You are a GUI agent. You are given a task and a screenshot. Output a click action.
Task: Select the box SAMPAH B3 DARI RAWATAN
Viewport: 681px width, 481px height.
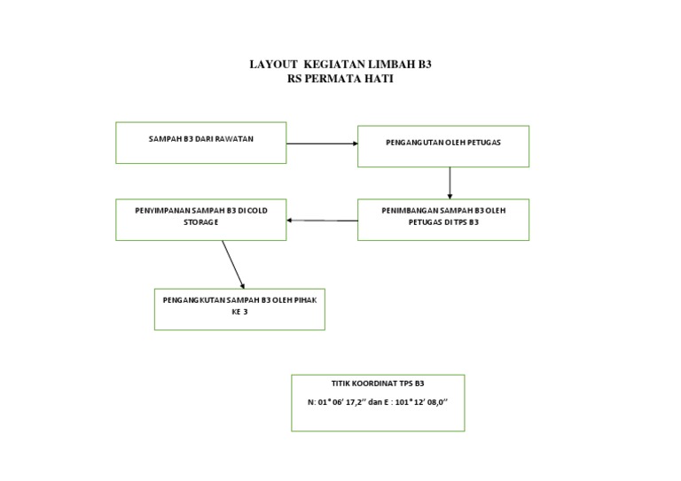[x=201, y=143]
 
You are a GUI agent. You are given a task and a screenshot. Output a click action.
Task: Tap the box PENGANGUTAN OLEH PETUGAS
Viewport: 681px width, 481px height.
[x=442, y=146]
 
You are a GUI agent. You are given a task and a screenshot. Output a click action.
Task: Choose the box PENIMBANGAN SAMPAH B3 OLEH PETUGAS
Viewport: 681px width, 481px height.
[x=442, y=219]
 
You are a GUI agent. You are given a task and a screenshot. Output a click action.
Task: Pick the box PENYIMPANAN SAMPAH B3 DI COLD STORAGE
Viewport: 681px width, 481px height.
[x=201, y=219]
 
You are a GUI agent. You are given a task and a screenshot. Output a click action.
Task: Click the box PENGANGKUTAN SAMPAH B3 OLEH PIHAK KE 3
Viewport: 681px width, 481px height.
[x=239, y=309]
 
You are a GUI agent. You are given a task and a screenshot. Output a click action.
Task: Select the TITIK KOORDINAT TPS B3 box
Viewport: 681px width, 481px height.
[x=378, y=402]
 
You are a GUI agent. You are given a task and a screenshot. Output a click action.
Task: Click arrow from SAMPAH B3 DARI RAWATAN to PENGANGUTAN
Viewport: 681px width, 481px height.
[x=321, y=144]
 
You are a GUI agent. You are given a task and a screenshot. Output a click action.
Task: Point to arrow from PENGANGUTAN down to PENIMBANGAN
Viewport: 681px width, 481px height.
[x=450, y=182]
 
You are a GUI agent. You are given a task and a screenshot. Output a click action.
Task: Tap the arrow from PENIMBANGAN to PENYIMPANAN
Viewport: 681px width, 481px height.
[x=322, y=221]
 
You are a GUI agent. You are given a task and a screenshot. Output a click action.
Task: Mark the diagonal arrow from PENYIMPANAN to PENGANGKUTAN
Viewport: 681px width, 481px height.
[x=232, y=263]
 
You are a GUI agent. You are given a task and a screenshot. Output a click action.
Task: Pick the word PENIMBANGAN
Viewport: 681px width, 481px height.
[x=411, y=211]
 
